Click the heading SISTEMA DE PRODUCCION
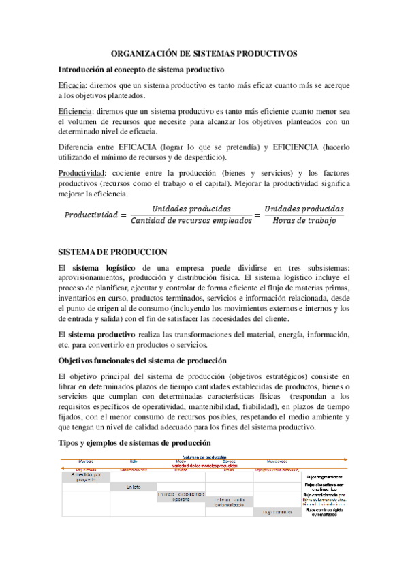click(x=104, y=250)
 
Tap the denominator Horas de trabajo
click(x=304, y=221)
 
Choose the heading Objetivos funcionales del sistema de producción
click(x=143, y=359)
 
